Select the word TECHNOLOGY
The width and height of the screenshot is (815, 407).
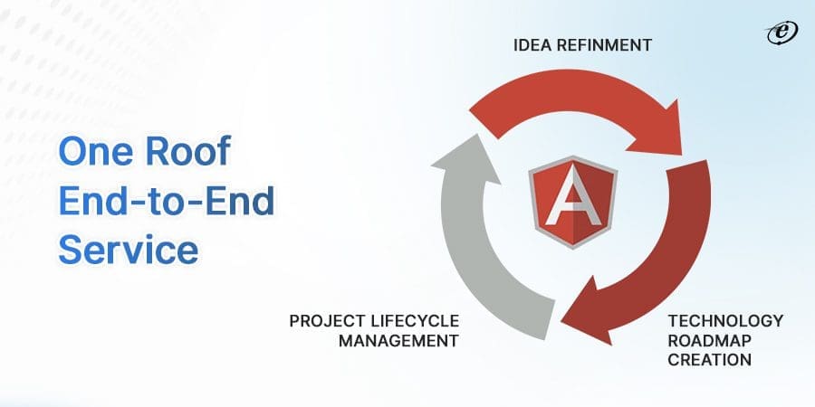tap(725, 321)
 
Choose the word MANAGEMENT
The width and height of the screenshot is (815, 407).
tap(398, 340)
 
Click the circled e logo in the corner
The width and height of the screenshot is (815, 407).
tap(779, 33)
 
